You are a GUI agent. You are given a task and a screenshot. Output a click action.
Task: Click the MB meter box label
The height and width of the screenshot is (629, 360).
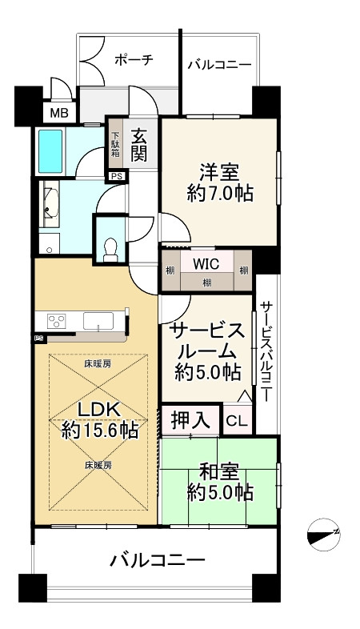(x=59, y=114)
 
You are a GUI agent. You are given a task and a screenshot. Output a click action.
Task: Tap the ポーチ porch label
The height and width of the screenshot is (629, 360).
(x=134, y=60)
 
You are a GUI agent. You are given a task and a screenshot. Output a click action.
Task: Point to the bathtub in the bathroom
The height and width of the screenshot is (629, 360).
(x=50, y=151)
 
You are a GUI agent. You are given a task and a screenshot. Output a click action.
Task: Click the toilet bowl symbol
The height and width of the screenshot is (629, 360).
(x=110, y=250)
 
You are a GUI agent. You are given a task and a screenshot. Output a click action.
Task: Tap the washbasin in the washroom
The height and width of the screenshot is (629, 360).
(x=51, y=204)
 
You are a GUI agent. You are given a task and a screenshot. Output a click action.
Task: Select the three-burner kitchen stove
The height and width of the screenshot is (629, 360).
(x=56, y=322)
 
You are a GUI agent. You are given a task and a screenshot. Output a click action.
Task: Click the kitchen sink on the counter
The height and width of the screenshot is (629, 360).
(x=98, y=321)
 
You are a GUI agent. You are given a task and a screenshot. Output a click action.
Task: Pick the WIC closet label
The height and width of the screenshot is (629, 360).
(x=206, y=263)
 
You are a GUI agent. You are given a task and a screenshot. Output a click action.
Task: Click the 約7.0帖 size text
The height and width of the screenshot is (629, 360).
(x=220, y=194)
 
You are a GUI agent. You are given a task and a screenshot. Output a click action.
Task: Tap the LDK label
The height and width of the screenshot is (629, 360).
(x=98, y=410)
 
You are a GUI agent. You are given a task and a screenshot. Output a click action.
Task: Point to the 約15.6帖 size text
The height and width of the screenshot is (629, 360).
(x=100, y=431)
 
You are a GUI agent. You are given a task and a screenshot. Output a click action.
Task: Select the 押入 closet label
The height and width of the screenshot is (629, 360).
(x=190, y=419)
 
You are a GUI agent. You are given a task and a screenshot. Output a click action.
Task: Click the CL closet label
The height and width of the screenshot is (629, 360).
(x=237, y=421)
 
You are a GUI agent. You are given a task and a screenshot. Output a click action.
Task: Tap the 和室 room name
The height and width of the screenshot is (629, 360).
(x=219, y=472)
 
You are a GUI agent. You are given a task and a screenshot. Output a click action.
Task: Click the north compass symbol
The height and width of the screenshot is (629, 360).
(x=323, y=535)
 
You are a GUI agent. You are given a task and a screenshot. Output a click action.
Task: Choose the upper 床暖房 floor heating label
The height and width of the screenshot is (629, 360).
(x=98, y=364)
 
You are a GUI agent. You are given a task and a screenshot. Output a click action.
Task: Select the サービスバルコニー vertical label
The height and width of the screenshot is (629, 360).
(x=266, y=351)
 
